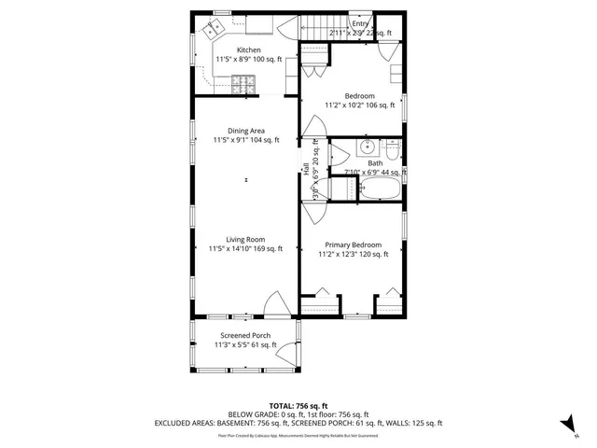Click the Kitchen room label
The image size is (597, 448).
coord(248,50)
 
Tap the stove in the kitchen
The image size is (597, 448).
coord(245,84)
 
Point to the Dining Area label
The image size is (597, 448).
coord(246,131)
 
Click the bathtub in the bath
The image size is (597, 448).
coord(380,189)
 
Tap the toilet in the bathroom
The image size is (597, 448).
coord(393,149)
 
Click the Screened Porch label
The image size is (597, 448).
coord(245,335)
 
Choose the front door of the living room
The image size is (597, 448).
coord(277,305)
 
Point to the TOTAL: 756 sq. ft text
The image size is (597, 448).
coord(298,406)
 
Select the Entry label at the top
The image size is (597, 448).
coord(346,23)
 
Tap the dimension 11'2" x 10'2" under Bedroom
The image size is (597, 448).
coord(360,105)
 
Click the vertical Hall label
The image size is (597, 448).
coord(306,168)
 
